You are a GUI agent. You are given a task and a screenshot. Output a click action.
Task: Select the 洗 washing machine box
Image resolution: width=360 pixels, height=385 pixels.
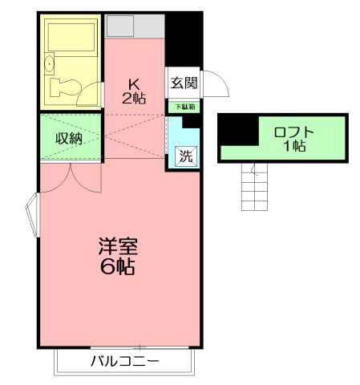(185, 157)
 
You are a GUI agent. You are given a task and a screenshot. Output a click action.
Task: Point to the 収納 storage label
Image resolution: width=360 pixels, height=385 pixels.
(68, 137)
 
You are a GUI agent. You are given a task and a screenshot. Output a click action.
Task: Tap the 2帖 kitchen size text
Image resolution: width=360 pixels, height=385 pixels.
(135, 98)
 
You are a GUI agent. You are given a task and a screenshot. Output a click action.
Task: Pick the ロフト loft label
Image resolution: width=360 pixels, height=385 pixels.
(294, 133)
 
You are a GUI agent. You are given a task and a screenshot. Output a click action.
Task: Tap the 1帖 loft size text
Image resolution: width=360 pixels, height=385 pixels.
(293, 148)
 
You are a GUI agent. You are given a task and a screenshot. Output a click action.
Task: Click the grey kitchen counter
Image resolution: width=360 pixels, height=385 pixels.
(134, 25)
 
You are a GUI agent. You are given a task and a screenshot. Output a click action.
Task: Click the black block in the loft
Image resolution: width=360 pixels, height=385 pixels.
(237, 128)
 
